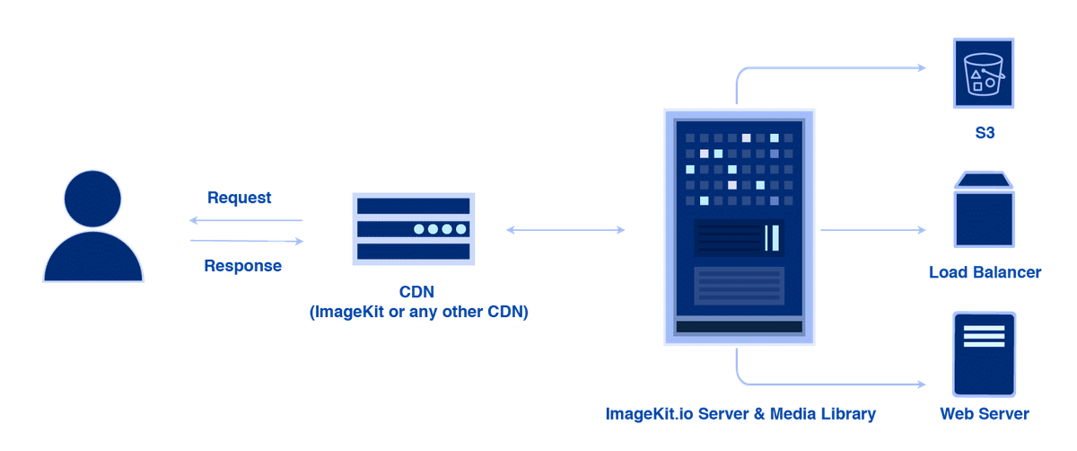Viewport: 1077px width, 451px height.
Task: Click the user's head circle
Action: coord(93,199)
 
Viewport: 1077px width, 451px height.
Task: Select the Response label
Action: coord(242,265)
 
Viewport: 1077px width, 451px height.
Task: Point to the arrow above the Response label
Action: coord(247,241)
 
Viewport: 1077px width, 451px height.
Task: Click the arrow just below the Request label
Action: coord(245,220)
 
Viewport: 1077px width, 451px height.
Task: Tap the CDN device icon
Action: coord(412,229)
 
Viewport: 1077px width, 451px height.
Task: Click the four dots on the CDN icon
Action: coord(439,229)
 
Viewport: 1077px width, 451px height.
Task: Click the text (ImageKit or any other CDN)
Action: coord(418,313)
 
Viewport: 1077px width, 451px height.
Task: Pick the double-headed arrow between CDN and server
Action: coord(565,230)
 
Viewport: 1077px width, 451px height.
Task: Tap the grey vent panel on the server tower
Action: coord(739,285)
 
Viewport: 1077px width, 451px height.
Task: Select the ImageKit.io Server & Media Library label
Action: coord(740,414)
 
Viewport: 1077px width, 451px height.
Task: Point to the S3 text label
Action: coord(985,132)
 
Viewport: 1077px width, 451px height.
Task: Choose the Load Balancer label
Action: coord(985,271)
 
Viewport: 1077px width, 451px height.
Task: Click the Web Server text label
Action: coord(985,414)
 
